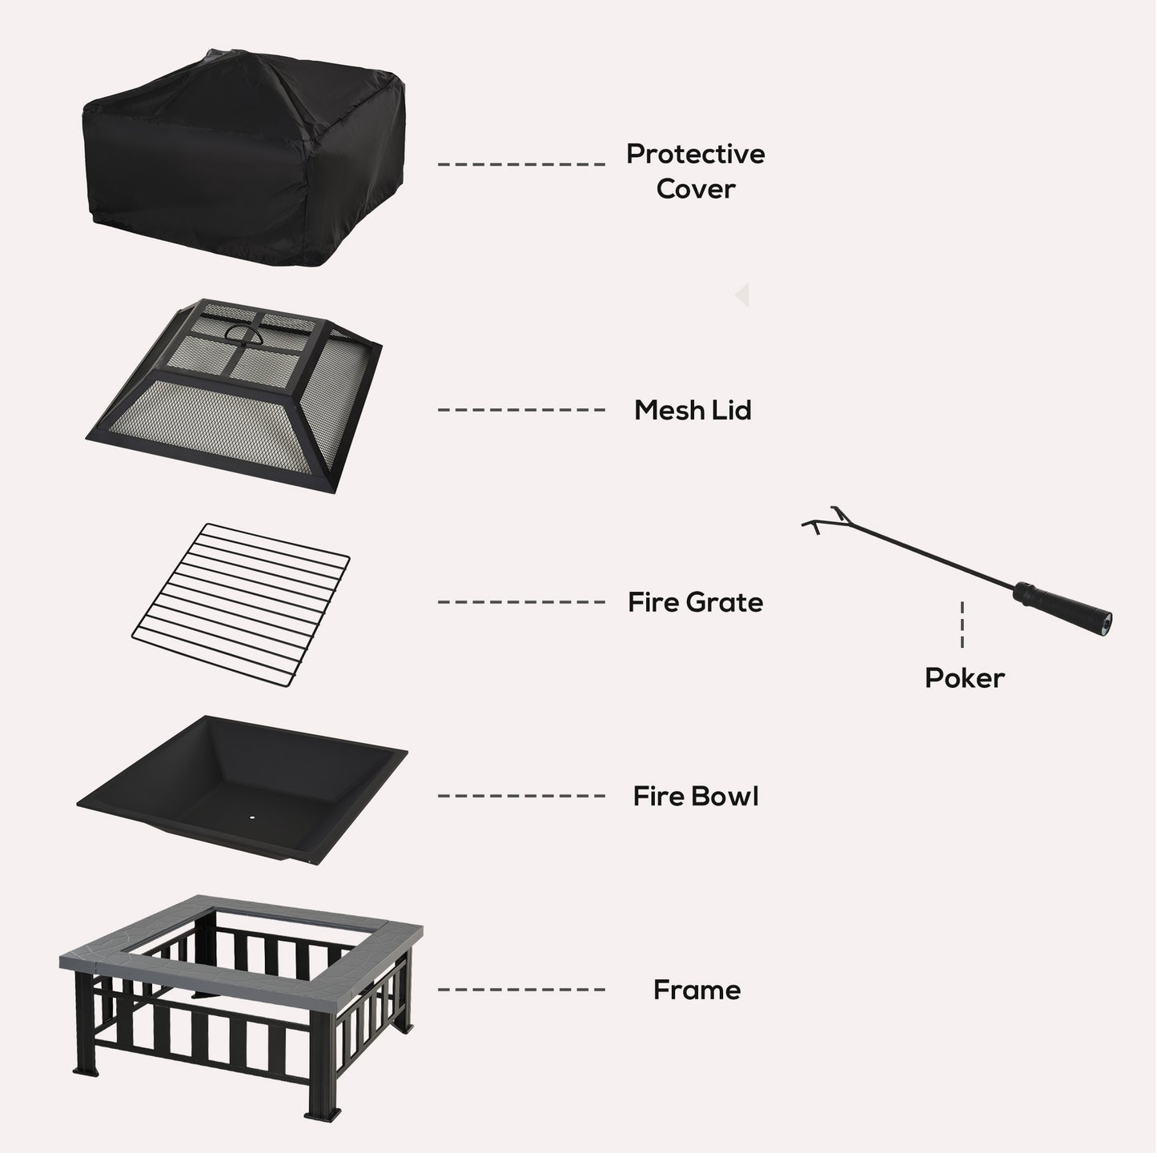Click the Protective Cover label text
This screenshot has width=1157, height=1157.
pyautogui.click(x=695, y=171)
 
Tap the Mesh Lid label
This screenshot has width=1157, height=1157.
pyautogui.click(x=693, y=410)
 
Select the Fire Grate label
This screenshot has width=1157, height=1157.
pyautogui.click(x=695, y=602)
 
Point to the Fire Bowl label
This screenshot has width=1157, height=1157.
pyautogui.click(x=695, y=796)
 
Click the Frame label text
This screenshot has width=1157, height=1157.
pyautogui.click(x=697, y=990)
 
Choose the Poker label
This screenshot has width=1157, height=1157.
pyautogui.click(x=964, y=678)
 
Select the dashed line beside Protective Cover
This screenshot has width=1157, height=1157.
pyautogui.click(x=520, y=164)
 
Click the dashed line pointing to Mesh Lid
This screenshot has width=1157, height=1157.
pyautogui.click(x=520, y=410)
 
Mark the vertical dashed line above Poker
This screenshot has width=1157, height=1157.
pyautogui.click(x=962, y=625)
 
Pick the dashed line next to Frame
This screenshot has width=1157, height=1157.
pyautogui.click(x=520, y=990)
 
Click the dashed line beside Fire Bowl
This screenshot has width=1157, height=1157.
pyautogui.click(x=520, y=796)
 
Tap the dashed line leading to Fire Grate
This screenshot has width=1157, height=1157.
pyautogui.click(x=520, y=602)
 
